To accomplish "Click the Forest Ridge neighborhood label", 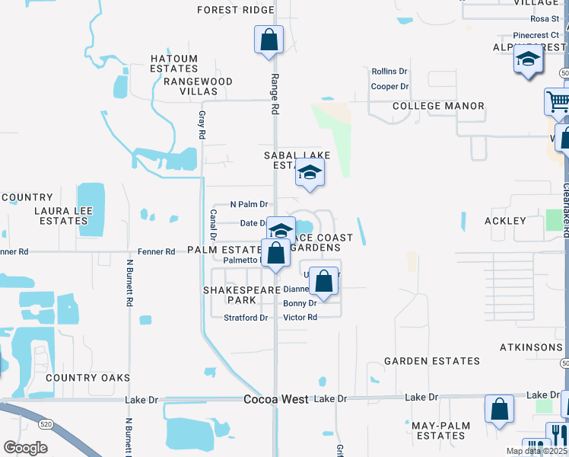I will click(x=235, y=10).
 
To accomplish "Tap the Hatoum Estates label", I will click(x=174, y=63).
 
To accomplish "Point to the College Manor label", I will click(x=438, y=106).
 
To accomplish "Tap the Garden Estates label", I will click(x=432, y=360).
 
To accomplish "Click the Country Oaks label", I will click(x=87, y=378).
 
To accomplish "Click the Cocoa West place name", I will click(x=275, y=399).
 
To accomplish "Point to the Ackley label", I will click(x=505, y=221).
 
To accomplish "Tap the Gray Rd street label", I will click(x=202, y=124).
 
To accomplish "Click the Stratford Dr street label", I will click(x=246, y=318).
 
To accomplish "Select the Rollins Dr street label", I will click(x=389, y=72).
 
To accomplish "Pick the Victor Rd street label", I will click(x=300, y=317).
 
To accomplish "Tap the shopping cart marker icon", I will click(x=558, y=101).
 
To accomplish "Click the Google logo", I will click(x=25, y=448).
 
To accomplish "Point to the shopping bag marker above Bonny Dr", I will click(x=324, y=280).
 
